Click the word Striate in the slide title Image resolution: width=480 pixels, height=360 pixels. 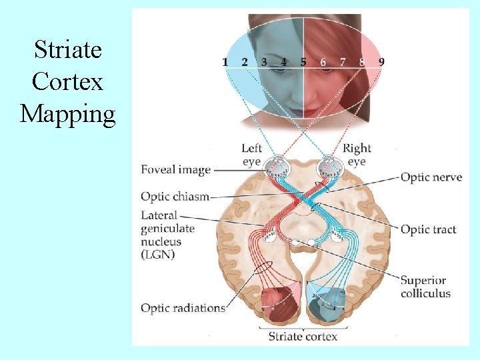click(68, 50)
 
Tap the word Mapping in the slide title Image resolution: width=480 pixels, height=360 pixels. click(68, 114)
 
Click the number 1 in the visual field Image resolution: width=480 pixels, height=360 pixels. click(225, 62)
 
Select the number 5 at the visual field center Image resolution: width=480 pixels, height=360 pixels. click(303, 62)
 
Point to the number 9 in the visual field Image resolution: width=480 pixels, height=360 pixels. click(381, 62)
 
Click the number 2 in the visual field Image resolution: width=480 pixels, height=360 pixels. click(245, 62)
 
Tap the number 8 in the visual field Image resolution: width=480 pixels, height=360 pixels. click(362, 62)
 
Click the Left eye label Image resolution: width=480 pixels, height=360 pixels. click(251, 155)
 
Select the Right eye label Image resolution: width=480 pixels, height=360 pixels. click(357, 155)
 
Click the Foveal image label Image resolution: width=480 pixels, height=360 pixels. click(175, 170)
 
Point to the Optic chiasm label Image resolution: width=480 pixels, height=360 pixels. click(175, 197)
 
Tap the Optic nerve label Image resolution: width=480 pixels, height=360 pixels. click(431, 177)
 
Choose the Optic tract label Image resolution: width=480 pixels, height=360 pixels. click(428, 230)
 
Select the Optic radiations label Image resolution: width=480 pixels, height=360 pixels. click(183, 308)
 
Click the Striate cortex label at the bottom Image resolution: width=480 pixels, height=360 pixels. click(303, 336)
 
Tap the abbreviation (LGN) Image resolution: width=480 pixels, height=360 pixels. click(157, 255)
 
